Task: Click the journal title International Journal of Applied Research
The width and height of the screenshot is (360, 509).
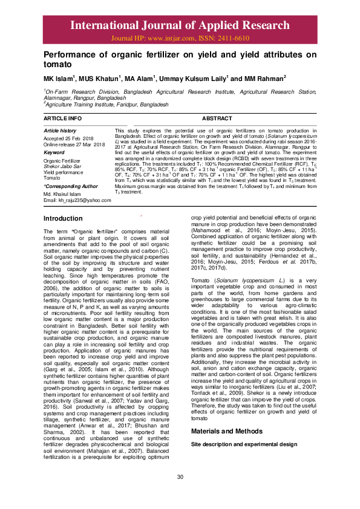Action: (x=180, y=25)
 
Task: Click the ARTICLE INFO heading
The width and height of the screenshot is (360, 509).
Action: (x=63, y=118)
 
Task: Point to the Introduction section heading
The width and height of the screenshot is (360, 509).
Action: (x=63, y=218)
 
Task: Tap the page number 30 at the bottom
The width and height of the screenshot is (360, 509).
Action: (x=180, y=495)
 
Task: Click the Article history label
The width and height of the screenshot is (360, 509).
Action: (x=60, y=131)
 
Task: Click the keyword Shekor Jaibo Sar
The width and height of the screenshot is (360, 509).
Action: (x=62, y=166)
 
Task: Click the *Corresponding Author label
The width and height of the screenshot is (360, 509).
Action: (x=70, y=186)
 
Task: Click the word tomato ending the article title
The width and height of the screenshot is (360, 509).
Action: (x=59, y=63)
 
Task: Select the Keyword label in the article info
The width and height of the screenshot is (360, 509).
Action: (x=54, y=152)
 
